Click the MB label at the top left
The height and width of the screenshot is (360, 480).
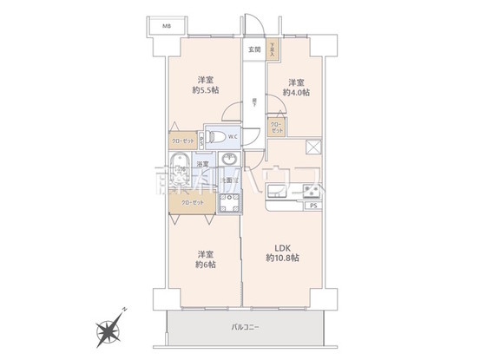(166, 25)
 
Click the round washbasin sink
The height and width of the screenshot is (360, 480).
(230, 159)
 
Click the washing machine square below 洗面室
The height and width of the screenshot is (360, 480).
(229, 204)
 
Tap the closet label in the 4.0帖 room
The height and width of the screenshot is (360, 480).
(276, 127)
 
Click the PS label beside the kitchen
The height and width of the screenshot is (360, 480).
(312, 207)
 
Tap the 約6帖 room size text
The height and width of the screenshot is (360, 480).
(205, 264)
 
